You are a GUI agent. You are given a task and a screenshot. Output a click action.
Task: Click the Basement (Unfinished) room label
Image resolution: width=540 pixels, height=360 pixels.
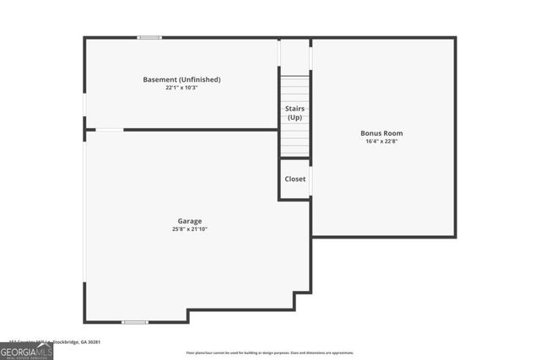[x=181, y=79]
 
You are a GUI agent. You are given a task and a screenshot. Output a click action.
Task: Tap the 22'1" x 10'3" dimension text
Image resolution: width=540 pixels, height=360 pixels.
[x=181, y=88]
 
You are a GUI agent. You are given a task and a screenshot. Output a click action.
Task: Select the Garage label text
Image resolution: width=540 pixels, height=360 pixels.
[x=189, y=221]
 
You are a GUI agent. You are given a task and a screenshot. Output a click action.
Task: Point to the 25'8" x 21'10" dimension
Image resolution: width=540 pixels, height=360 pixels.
[x=189, y=229]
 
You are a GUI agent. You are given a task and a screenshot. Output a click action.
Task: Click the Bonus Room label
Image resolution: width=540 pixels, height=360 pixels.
[x=381, y=133]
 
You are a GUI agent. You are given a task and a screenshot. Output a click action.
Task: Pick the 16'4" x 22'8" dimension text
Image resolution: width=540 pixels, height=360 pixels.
[x=381, y=142]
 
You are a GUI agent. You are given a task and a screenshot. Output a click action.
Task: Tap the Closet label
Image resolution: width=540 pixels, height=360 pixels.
[x=295, y=179]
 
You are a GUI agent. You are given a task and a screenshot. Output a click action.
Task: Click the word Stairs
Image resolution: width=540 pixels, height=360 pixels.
[x=294, y=109]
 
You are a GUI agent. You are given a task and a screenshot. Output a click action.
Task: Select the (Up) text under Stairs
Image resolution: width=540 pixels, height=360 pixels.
[x=294, y=117]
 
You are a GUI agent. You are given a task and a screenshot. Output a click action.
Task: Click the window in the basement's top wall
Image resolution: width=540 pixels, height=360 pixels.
[x=150, y=37]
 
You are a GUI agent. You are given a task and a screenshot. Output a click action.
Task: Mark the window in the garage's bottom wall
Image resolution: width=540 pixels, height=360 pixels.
[x=134, y=322]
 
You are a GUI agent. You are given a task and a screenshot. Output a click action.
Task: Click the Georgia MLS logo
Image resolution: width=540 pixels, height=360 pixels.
[x=26, y=352]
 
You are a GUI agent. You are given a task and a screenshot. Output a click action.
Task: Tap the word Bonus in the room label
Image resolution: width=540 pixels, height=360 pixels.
[x=370, y=133]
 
